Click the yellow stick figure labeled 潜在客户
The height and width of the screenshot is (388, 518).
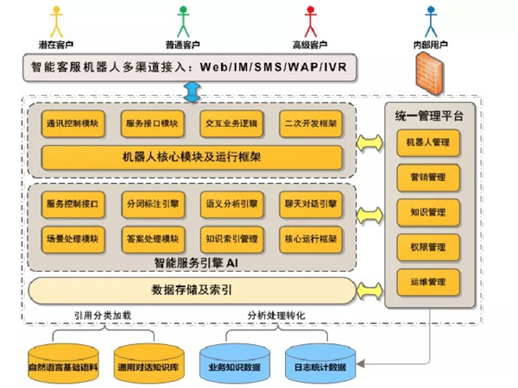pyautogui.click(x=58, y=21)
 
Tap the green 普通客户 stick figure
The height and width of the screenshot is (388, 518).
pyautogui.click(x=182, y=21)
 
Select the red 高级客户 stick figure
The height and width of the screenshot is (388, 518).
pyautogui.click(x=311, y=21)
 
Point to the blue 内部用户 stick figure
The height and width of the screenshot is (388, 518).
pyautogui.click(x=432, y=21)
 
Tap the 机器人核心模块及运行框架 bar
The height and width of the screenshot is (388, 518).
pyautogui.click(x=192, y=157)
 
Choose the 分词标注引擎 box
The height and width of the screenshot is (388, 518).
pyautogui.click(x=151, y=204)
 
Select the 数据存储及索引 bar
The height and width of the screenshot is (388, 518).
pyautogui.click(x=192, y=290)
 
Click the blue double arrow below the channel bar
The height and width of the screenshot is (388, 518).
pyautogui.click(x=192, y=88)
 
